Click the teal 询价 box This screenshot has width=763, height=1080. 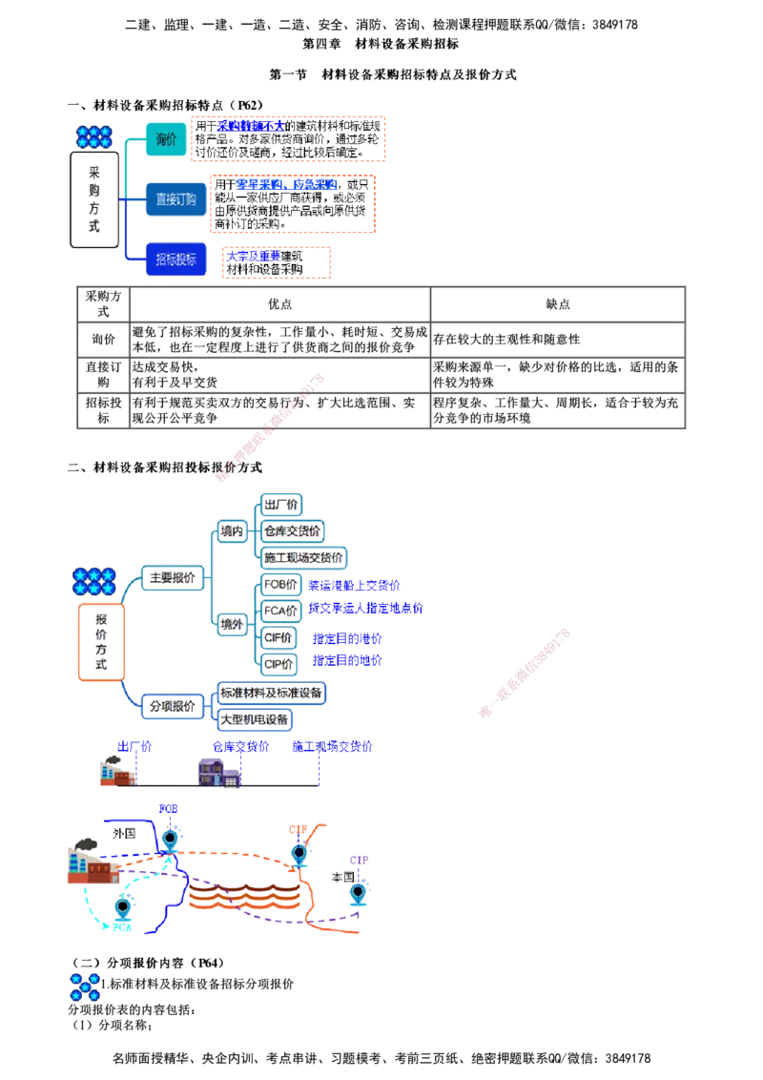point(166,140)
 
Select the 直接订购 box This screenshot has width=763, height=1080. point(175,199)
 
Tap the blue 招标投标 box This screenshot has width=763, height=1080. point(175,260)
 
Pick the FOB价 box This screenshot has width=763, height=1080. point(280,584)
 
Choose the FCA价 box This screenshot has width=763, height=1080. point(280,608)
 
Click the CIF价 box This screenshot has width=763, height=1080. point(278,637)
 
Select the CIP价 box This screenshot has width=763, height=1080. point(278,661)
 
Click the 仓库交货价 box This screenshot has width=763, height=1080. point(293,530)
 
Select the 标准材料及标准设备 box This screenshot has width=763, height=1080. point(271,692)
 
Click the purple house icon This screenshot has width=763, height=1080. point(219,771)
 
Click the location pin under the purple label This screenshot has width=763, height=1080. point(358,893)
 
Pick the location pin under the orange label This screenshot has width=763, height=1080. point(299,851)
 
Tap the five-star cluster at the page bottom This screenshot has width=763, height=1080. point(86,987)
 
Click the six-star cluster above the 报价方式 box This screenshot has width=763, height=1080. point(93,581)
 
